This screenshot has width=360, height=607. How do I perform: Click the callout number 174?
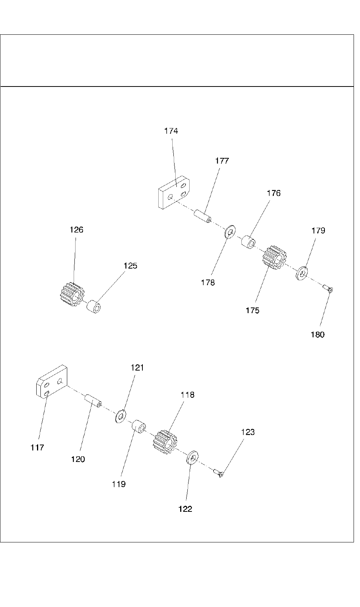[171, 131]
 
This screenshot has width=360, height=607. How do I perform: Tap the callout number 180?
[317, 335]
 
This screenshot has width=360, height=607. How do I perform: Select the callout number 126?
[76, 230]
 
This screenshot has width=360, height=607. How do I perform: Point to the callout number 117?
[37, 447]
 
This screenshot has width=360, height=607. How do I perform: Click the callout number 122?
[185, 509]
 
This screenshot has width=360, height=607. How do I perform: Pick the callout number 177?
[222, 161]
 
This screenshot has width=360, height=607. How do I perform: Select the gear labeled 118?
[165, 442]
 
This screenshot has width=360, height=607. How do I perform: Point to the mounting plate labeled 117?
[52, 382]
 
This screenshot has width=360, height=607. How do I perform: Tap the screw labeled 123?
[218, 473]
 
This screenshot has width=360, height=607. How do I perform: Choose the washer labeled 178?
[230, 232]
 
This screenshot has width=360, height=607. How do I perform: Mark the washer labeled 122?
[193, 458]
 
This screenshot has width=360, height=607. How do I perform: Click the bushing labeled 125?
[94, 306]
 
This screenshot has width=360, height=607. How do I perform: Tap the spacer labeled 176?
[248, 242]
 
